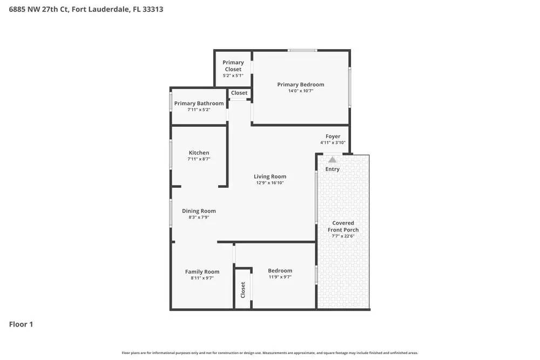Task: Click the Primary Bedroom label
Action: (x=301, y=85)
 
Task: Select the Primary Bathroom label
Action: (x=199, y=104)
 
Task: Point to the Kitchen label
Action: (x=199, y=153)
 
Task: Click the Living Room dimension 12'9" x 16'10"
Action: (x=270, y=183)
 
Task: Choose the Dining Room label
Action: (x=199, y=211)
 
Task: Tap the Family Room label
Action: (x=202, y=271)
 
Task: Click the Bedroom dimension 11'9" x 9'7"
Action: (x=280, y=277)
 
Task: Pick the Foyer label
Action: (x=333, y=137)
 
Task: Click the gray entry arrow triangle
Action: (x=332, y=160)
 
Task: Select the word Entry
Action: (x=333, y=169)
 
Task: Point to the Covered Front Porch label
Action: (x=343, y=226)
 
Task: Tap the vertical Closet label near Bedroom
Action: (x=243, y=290)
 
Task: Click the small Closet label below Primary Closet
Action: (x=239, y=93)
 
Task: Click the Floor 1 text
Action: (x=21, y=324)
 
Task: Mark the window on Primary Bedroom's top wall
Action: (x=302, y=51)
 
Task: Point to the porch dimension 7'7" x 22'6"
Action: (x=343, y=236)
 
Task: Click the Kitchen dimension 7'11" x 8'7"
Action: (x=199, y=159)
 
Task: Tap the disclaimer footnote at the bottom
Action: (x=270, y=353)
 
